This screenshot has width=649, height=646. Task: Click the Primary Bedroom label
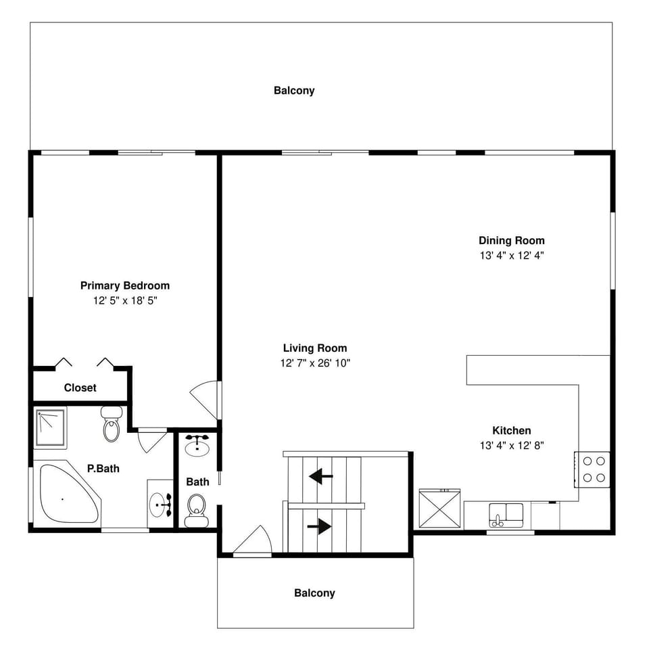tap(125, 285)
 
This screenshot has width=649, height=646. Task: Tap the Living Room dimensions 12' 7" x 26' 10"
tap(315, 363)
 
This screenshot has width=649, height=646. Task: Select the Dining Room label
tap(511, 240)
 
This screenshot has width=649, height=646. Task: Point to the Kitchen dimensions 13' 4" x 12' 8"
tap(511, 445)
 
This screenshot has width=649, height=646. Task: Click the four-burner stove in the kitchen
tap(593, 469)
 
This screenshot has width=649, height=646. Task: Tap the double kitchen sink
tap(506, 515)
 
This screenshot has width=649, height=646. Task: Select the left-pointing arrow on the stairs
tap(320, 477)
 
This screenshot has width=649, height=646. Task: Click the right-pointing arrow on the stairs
tap(319, 526)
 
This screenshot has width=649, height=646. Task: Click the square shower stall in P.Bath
tap(50, 428)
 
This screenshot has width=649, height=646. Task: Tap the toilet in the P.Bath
tap(111, 424)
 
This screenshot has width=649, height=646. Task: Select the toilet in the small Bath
tap(196, 509)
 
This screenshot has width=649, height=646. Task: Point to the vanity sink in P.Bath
tap(161, 504)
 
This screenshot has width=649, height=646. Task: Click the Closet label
tap(80, 388)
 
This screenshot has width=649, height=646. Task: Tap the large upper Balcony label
tap(293, 90)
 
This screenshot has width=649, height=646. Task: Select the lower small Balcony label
tap(314, 593)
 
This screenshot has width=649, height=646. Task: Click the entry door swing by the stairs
tap(253, 541)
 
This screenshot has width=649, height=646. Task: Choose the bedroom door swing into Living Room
tap(206, 400)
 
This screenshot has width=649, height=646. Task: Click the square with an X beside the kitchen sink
tap(441, 509)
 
